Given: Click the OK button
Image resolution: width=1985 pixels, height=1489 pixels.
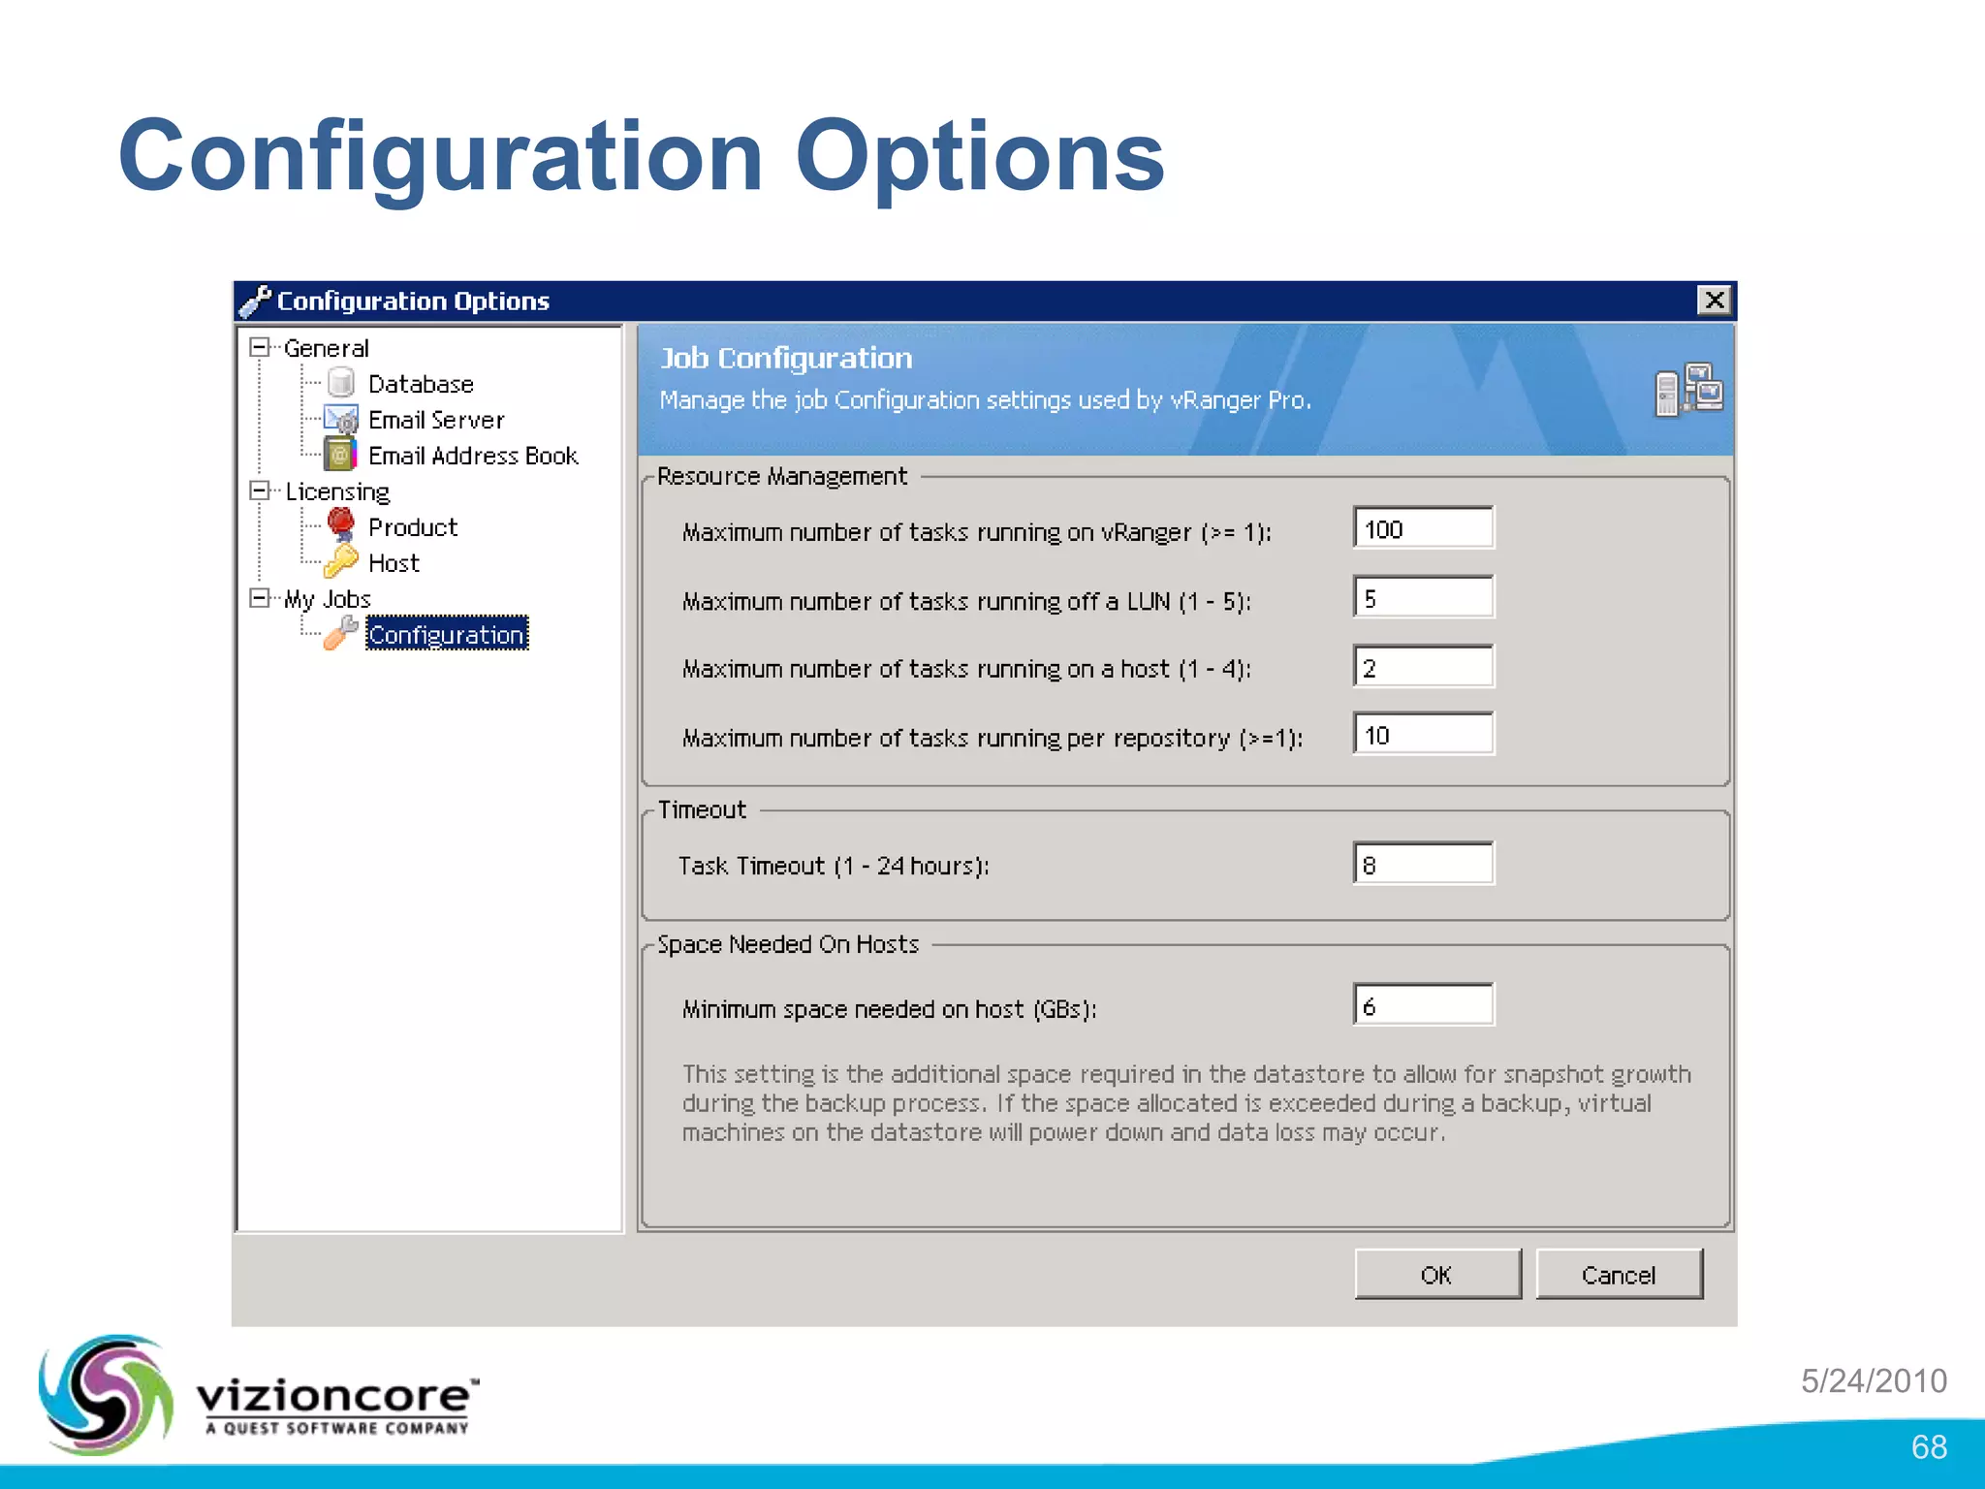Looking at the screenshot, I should (x=1436, y=1275).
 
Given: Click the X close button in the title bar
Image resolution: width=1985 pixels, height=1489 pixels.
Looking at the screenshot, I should (x=1714, y=301).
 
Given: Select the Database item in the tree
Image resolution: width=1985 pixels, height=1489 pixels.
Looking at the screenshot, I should (x=420, y=385).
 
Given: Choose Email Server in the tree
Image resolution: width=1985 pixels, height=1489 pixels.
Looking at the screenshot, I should (x=435, y=421).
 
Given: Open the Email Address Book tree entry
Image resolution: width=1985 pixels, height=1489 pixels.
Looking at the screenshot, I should (x=472, y=457).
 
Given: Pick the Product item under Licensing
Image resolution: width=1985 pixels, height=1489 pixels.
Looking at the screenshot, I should (x=412, y=527).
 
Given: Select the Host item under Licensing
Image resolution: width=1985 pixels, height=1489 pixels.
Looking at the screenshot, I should (x=394, y=563).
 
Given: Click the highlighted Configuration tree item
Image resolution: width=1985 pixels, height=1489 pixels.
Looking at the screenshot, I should (x=446, y=635).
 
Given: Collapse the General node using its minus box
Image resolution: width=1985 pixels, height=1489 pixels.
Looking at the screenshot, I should (x=259, y=347).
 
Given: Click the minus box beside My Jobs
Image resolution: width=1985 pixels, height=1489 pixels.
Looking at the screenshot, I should (x=259, y=598).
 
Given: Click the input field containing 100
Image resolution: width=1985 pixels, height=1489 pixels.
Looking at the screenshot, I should (x=1423, y=529).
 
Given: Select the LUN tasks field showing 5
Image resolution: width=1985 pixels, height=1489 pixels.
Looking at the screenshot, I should (x=1423, y=598).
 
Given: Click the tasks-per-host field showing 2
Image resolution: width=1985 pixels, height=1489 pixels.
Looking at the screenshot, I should (x=1423, y=667).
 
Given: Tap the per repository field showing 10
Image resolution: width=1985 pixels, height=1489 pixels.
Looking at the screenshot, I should (x=1423, y=735).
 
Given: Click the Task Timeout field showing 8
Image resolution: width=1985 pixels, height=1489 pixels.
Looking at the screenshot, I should (x=1423, y=865).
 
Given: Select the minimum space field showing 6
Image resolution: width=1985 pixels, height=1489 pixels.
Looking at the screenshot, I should (x=1423, y=1005).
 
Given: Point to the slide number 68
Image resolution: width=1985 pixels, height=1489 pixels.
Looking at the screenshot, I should (x=1928, y=1447).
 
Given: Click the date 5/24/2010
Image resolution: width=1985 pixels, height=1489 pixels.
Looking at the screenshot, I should (x=1874, y=1380).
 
